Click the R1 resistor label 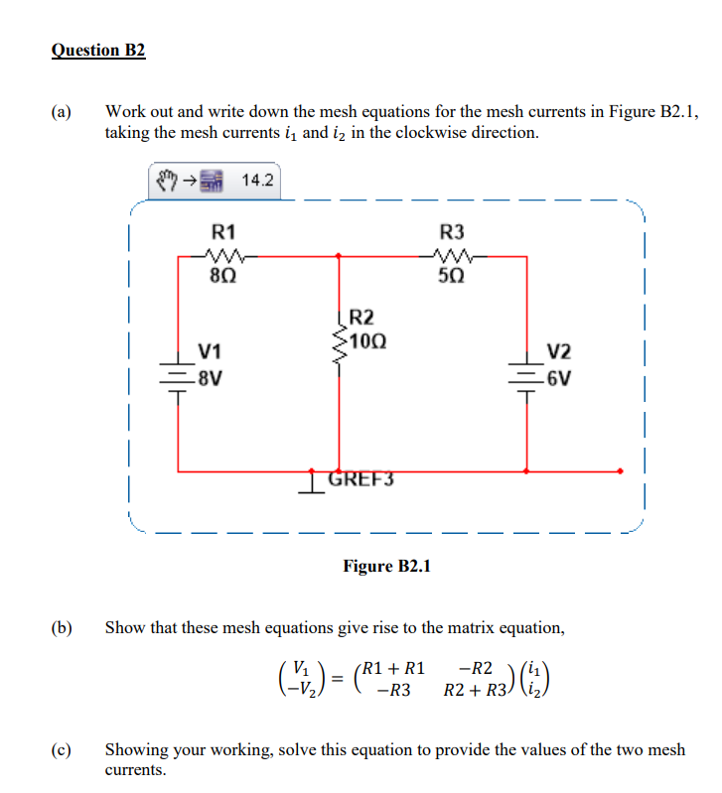click(225, 232)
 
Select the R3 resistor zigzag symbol click(450, 255)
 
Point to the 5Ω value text click(450, 273)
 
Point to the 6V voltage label click(559, 377)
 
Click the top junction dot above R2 click(339, 255)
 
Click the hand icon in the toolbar click(167, 182)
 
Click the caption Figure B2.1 click(386, 566)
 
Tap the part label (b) click(62, 627)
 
